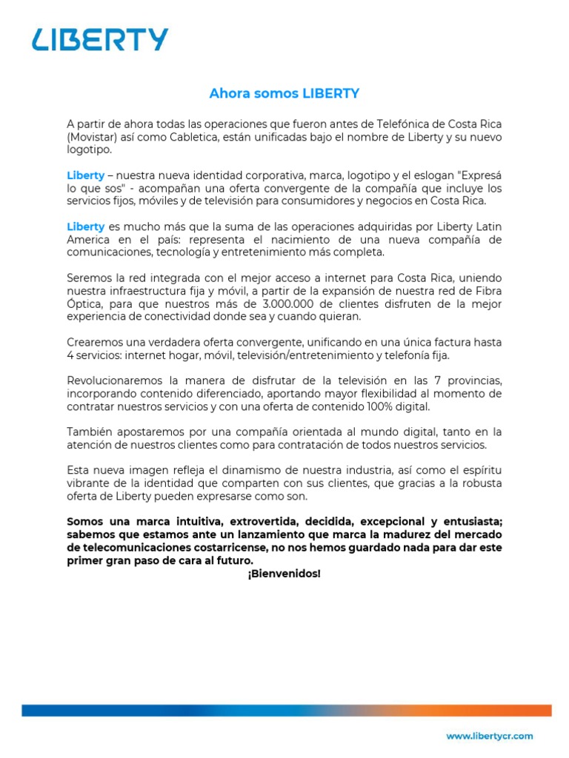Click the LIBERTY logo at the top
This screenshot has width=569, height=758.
[100, 40]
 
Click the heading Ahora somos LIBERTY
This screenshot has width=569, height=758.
[284, 93]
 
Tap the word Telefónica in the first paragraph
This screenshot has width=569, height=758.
[400, 124]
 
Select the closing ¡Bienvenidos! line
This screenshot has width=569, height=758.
[284, 574]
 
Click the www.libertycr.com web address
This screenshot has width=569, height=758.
[489, 736]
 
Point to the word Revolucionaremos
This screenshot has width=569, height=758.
[113, 380]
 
